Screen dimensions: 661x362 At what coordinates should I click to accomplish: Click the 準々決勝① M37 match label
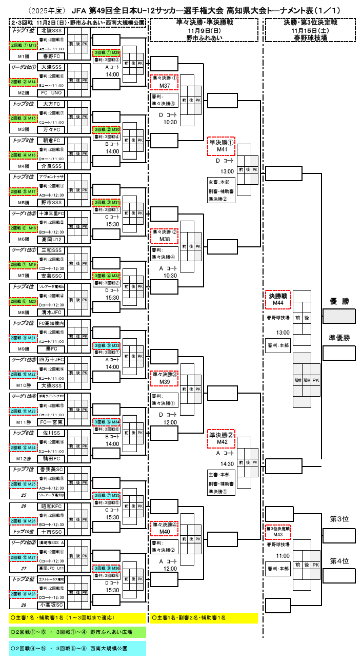165,82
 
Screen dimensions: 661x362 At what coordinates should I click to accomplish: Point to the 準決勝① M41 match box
221,146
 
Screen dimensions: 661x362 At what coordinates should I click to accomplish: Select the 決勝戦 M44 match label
278,300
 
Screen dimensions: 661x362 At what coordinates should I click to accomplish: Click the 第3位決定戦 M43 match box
278,531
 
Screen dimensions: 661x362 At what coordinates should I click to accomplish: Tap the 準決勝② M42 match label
221,438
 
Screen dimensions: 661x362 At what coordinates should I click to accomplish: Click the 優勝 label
339,301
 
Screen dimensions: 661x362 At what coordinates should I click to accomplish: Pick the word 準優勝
339,338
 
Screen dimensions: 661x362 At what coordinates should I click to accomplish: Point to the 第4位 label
339,561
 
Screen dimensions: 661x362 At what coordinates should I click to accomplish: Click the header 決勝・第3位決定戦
310,22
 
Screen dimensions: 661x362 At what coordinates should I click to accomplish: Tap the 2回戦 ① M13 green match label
24,46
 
